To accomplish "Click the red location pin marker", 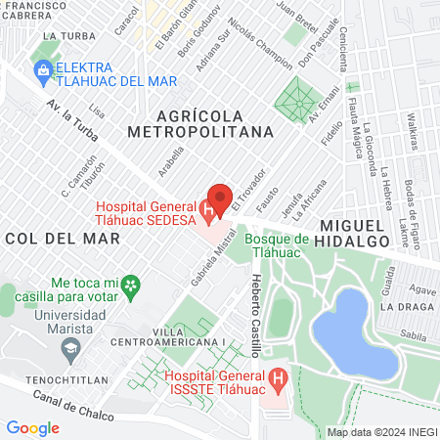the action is [x=220, y=199].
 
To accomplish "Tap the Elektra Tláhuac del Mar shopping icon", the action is [x=43, y=71].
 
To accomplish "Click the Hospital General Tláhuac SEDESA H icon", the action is [x=207, y=209].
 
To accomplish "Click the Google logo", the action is [x=33, y=427].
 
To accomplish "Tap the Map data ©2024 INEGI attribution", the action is [x=379, y=432].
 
